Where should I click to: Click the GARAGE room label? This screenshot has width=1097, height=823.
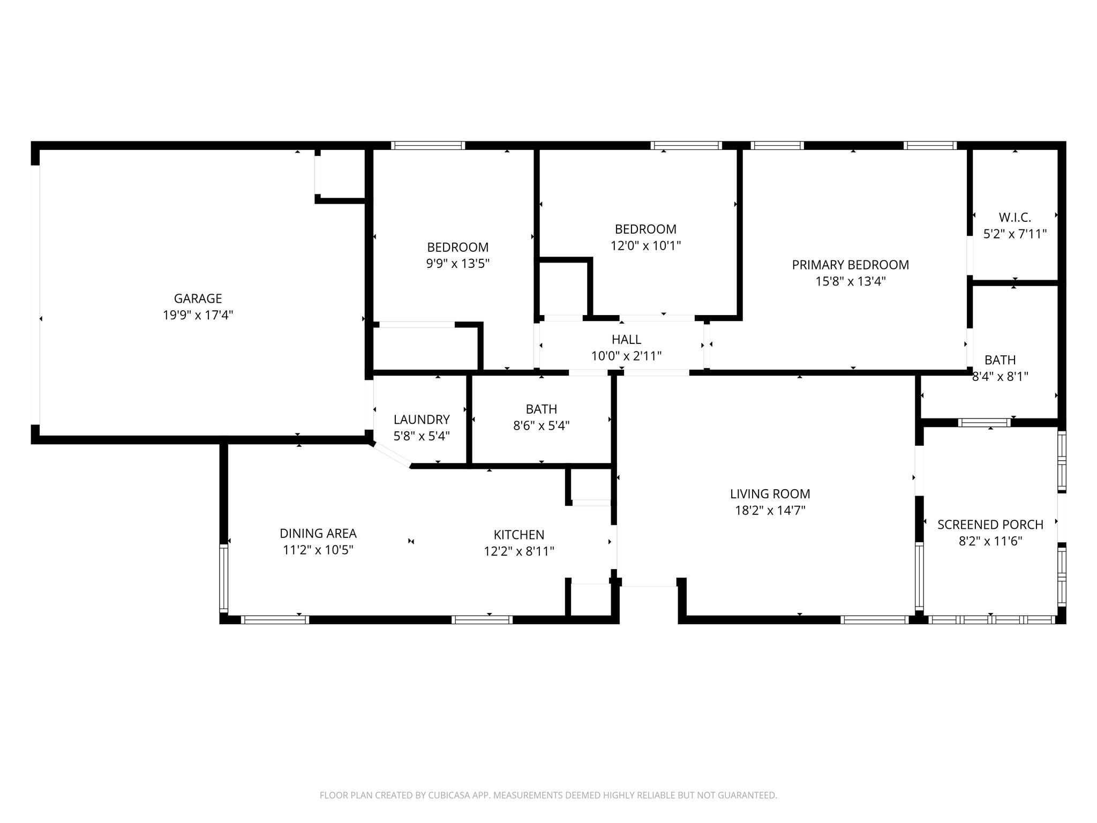pos(198,298)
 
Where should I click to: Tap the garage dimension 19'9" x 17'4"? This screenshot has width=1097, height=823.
pos(198,315)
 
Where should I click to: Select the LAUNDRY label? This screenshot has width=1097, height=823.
pos(422,420)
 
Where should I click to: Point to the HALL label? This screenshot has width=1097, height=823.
pos(626,340)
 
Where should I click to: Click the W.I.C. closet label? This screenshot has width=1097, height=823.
pos(1015,218)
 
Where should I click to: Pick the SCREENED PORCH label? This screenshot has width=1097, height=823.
pos(990,525)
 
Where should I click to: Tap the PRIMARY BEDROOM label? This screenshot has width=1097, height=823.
pos(850,265)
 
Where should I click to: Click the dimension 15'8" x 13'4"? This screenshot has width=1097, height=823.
pos(850,281)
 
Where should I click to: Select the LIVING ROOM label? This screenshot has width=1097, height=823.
pos(770,493)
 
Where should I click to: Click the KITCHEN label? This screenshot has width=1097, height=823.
pos(519,535)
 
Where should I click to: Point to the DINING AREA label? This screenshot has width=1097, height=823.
pos(318,533)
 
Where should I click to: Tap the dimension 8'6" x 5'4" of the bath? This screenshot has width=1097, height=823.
pos(541,426)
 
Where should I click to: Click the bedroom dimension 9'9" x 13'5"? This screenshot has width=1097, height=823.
pos(457,264)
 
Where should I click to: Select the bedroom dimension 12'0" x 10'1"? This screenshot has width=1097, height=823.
pos(645,246)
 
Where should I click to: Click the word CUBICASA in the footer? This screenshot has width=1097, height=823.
pos(448,796)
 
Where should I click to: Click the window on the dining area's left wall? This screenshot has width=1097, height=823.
pos(224,578)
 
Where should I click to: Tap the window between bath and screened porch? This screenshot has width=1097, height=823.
pos(984,423)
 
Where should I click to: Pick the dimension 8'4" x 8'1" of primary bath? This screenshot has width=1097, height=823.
pos(1000,377)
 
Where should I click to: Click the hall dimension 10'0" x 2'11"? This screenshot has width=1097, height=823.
pos(626,356)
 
